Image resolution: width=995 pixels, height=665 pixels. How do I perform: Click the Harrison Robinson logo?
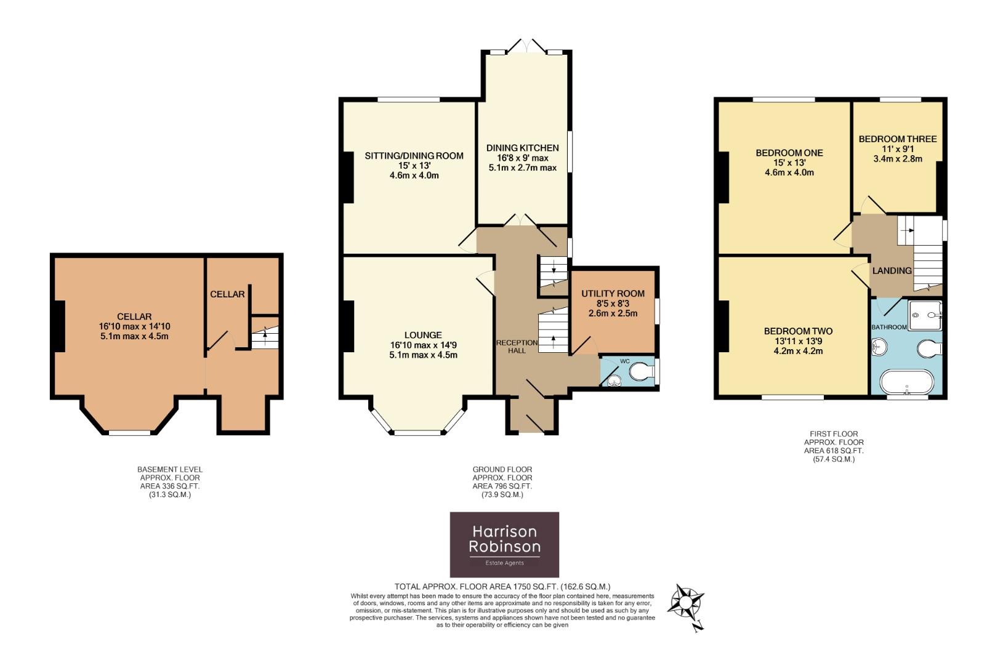(x=504, y=544)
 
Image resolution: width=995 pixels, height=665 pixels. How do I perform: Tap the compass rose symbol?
(x=686, y=602)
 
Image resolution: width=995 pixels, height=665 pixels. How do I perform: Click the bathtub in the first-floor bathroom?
(x=906, y=382)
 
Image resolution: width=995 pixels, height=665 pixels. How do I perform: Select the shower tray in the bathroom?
(x=925, y=315)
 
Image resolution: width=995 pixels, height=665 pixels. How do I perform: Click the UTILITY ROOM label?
(x=613, y=294)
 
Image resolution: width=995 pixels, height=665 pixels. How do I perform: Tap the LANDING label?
(x=892, y=270)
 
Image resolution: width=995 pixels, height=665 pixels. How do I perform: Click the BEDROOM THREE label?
(x=897, y=139)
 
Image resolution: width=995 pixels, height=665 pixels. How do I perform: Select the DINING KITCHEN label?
(x=522, y=148)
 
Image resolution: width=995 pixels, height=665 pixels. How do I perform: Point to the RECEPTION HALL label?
(x=517, y=346)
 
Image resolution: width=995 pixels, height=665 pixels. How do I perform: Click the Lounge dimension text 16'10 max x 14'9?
(x=423, y=345)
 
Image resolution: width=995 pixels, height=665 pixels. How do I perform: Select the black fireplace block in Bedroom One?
(x=723, y=177)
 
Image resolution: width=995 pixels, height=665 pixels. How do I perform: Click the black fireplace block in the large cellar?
(x=58, y=326)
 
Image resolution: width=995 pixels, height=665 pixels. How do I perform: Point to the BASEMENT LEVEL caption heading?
(x=169, y=469)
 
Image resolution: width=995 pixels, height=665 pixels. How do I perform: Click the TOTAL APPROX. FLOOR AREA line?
(x=502, y=587)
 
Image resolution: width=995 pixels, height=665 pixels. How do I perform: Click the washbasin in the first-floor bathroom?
(x=879, y=349)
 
